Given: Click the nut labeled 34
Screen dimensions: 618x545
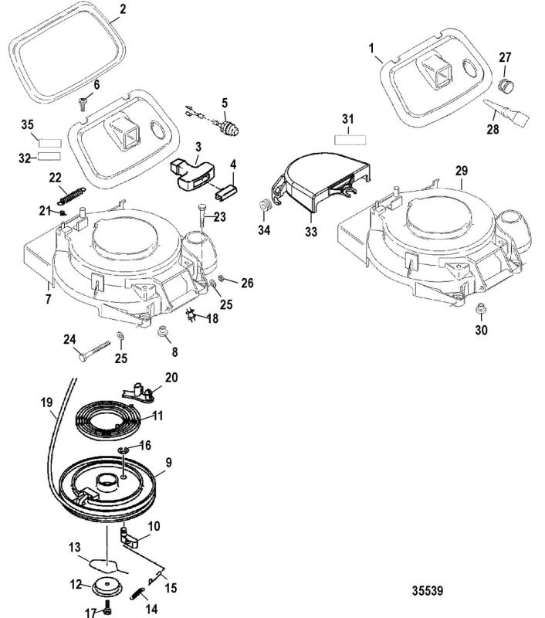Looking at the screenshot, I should click(x=263, y=205).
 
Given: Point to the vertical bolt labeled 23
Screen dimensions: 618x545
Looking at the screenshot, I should click(x=202, y=217).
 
